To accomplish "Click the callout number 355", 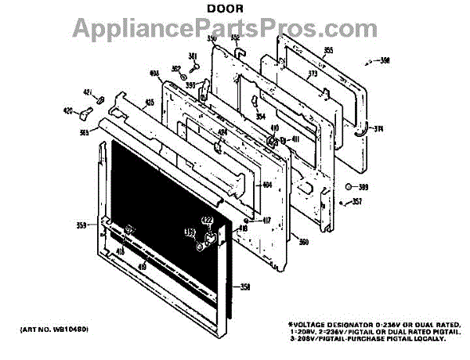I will pos(328,51).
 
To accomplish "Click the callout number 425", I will pos(127,102).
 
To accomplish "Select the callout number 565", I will pos(84,133).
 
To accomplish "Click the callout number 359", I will pos(81,225).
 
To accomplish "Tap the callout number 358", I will pos(244,287).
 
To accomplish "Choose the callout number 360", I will pos(303,242).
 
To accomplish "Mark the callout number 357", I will pos(357,203).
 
